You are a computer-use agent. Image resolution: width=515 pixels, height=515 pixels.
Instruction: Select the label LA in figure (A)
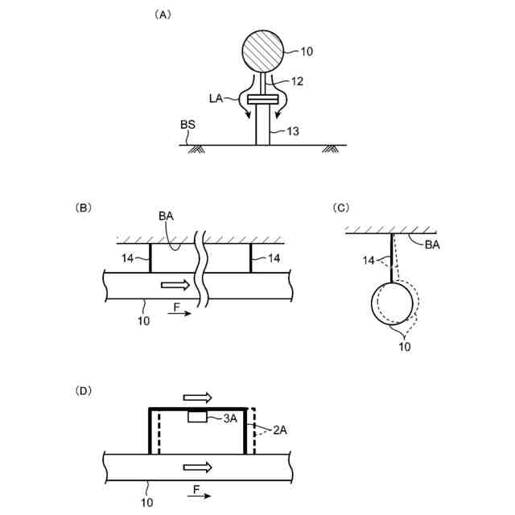click(x=215, y=97)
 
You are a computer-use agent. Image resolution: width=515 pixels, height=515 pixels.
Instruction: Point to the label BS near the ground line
click(x=187, y=126)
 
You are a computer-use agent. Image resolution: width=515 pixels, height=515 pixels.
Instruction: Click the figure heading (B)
click(x=84, y=208)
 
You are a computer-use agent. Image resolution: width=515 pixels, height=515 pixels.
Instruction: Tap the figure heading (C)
click(x=340, y=208)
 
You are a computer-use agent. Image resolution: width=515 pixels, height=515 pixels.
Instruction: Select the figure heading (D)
click(x=84, y=391)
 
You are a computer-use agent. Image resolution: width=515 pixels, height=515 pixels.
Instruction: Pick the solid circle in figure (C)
click(x=391, y=304)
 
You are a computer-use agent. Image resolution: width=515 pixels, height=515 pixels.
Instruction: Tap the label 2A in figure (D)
click(x=279, y=431)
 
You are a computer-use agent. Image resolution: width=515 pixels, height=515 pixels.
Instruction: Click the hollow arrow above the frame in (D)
click(x=198, y=398)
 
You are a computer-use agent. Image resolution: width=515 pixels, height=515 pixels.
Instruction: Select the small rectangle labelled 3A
click(x=198, y=417)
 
